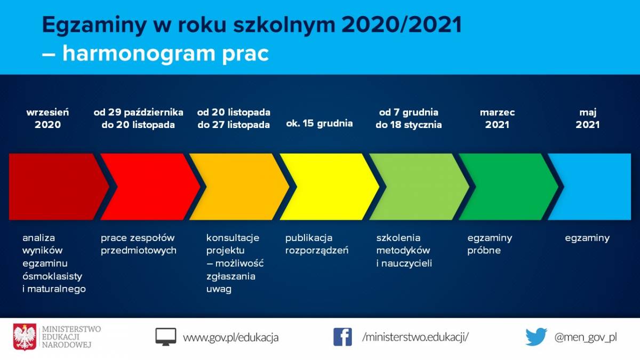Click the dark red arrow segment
[54, 187]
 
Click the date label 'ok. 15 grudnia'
[319, 123]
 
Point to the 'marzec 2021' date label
[497, 118]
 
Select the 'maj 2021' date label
[587, 118]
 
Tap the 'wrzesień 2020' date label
[47, 118]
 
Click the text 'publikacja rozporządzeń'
[317, 244]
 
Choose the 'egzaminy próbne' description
[490, 244]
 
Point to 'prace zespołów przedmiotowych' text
[139, 244]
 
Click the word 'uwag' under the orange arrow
[219, 289]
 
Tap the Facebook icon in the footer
[342, 337]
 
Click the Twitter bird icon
[537, 337]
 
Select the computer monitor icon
[166, 337]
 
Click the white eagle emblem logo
[25, 337]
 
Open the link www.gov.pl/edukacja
[230, 338]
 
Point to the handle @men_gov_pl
[586, 338]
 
